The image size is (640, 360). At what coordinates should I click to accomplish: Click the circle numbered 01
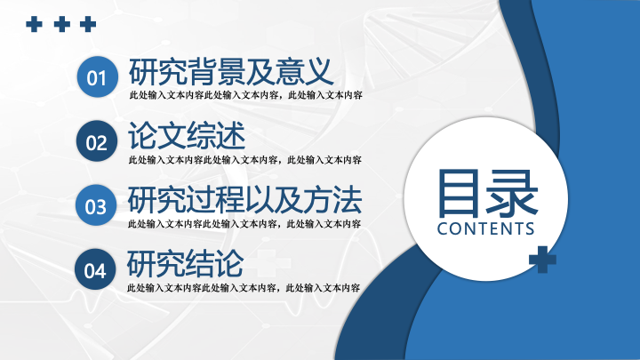(98, 76)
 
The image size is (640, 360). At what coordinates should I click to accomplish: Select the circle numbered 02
(97, 141)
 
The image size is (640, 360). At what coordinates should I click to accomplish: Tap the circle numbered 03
(96, 205)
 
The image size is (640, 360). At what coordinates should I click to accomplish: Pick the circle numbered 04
(95, 269)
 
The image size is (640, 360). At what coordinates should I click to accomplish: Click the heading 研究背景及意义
(231, 71)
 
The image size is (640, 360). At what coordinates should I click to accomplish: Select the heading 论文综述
(187, 135)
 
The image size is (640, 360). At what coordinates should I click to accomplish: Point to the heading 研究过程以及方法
(244, 200)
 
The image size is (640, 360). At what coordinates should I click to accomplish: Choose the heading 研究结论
(185, 264)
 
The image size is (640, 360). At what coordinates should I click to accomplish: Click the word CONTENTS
(485, 229)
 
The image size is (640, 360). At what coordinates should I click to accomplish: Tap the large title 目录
(487, 194)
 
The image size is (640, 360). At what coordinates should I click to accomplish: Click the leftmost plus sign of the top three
(34, 24)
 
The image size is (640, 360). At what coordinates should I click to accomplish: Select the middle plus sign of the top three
(61, 24)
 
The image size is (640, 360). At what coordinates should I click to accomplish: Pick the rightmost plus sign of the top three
(88, 24)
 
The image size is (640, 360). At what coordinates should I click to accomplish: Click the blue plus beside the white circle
(542, 260)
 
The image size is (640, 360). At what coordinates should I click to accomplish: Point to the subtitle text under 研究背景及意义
(245, 95)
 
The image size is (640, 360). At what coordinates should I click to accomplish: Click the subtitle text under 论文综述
(245, 160)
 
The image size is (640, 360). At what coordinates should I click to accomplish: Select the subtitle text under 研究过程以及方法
(244, 224)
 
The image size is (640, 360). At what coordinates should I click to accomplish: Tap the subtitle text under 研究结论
(244, 288)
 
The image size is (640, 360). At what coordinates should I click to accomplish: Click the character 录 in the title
(512, 194)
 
